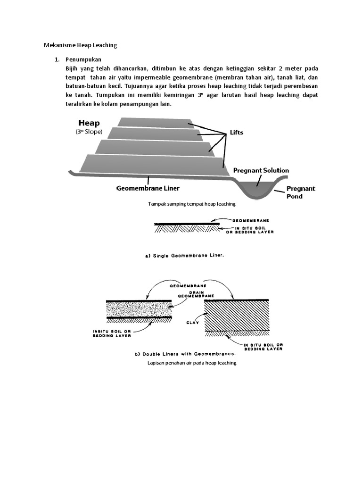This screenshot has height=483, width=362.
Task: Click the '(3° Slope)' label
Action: point(89,132)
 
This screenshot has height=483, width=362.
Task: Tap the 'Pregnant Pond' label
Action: point(301,192)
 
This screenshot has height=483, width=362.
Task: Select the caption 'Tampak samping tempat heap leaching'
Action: point(191,204)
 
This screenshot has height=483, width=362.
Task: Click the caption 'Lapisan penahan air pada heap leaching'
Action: point(191,363)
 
